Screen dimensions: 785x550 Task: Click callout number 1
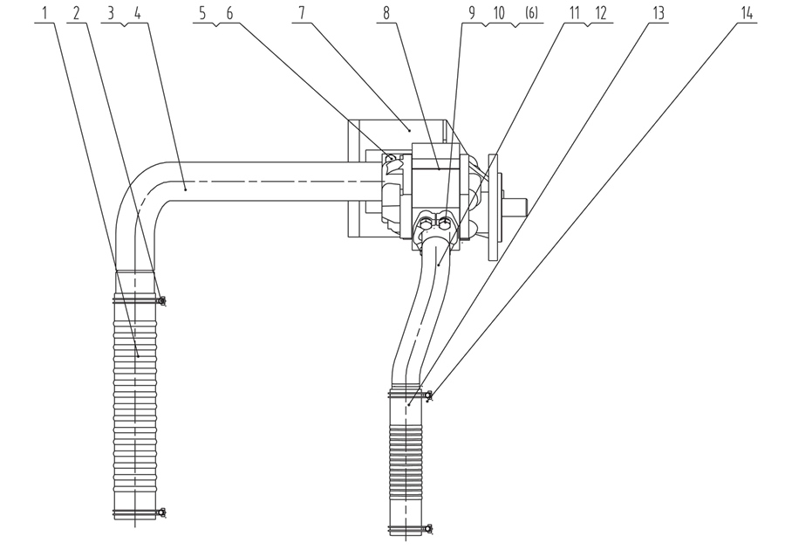(45, 12)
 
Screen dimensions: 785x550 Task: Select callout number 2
(76, 12)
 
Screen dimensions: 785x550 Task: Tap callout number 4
(138, 12)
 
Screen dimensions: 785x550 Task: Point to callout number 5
(202, 12)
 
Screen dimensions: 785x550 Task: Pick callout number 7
(302, 12)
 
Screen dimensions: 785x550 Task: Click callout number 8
(386, 12)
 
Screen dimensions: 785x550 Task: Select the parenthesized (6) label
(532, 12)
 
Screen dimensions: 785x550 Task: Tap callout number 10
(499, 12)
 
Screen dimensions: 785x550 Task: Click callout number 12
(601, 12)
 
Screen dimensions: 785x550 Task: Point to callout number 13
(659, 12)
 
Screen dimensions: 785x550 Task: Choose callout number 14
(747, 12)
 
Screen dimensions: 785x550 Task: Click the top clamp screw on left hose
(161, 300)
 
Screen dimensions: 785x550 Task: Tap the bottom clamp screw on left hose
(161, 512)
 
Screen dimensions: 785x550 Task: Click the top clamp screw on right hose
(428, 395)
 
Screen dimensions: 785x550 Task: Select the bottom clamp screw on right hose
(428, 528)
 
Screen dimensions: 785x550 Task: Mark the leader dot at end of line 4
(185, 189)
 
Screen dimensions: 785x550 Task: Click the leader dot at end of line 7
(410, 130)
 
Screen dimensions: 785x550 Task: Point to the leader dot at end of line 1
(138, 356)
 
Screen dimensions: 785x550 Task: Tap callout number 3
(111, 12)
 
